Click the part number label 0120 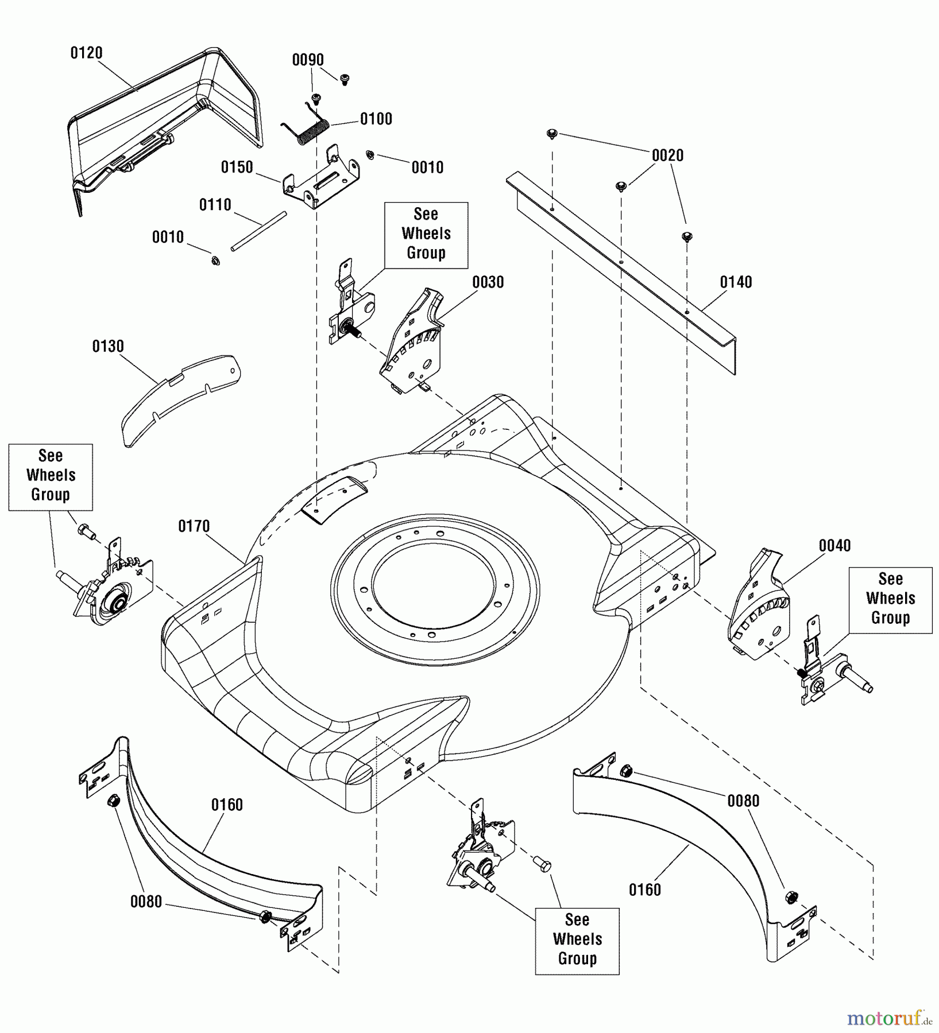tap(86, 53)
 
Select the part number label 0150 tap(237, 167)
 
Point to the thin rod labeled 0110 tap(258, 231)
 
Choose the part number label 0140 tap(736, 282)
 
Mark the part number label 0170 tap(194, 526)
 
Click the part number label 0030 tap(488, 282)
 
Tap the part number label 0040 tap(834, 545)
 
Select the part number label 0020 tap(667, 155)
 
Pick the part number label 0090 tap(308, 60)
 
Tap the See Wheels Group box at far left tap(51, 476)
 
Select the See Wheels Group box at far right tap(890, 599)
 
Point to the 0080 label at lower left tap(146, 902)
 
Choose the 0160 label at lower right tap(644, 890)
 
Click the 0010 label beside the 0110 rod tap(168, 237)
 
